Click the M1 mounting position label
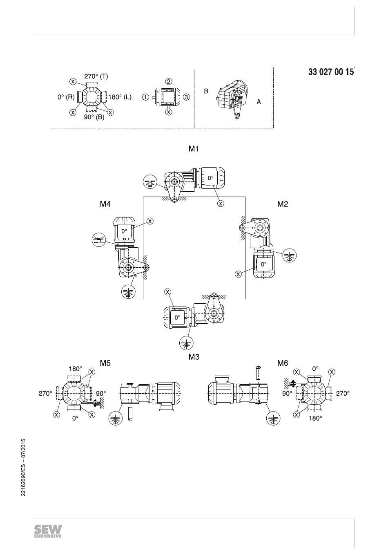coord(194,149)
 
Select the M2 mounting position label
coord(283,204)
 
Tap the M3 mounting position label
coord(194,357)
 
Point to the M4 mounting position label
coord(105,204)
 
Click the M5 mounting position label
coord(105,363)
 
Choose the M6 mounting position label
coord(283,363)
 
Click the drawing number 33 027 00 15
coord(331,72)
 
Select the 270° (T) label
coord(96,76)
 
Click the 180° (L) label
coord(120,97)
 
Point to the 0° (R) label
coord(66,97)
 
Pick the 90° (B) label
coord(94,117)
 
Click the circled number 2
coord(169,81)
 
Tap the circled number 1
coord(145,97)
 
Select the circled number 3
coord(187,97)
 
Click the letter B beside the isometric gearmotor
coord(206,91)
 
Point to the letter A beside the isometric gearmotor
coord(259,102)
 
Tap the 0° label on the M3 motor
coord(178,318)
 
